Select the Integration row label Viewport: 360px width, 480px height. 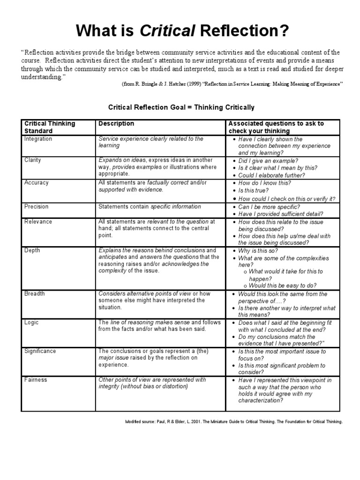38,139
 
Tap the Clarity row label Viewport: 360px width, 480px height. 33,160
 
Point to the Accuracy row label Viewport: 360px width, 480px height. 36,183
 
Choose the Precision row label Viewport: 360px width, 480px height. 37,207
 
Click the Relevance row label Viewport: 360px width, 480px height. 38,222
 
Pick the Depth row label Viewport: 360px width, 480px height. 32,251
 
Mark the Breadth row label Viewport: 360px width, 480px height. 34,294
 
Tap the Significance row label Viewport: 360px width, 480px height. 40,352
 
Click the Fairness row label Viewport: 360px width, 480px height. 36,380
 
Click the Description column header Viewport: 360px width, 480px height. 116,124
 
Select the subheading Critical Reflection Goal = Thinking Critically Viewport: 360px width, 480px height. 181,107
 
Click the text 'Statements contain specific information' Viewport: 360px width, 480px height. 150,207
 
